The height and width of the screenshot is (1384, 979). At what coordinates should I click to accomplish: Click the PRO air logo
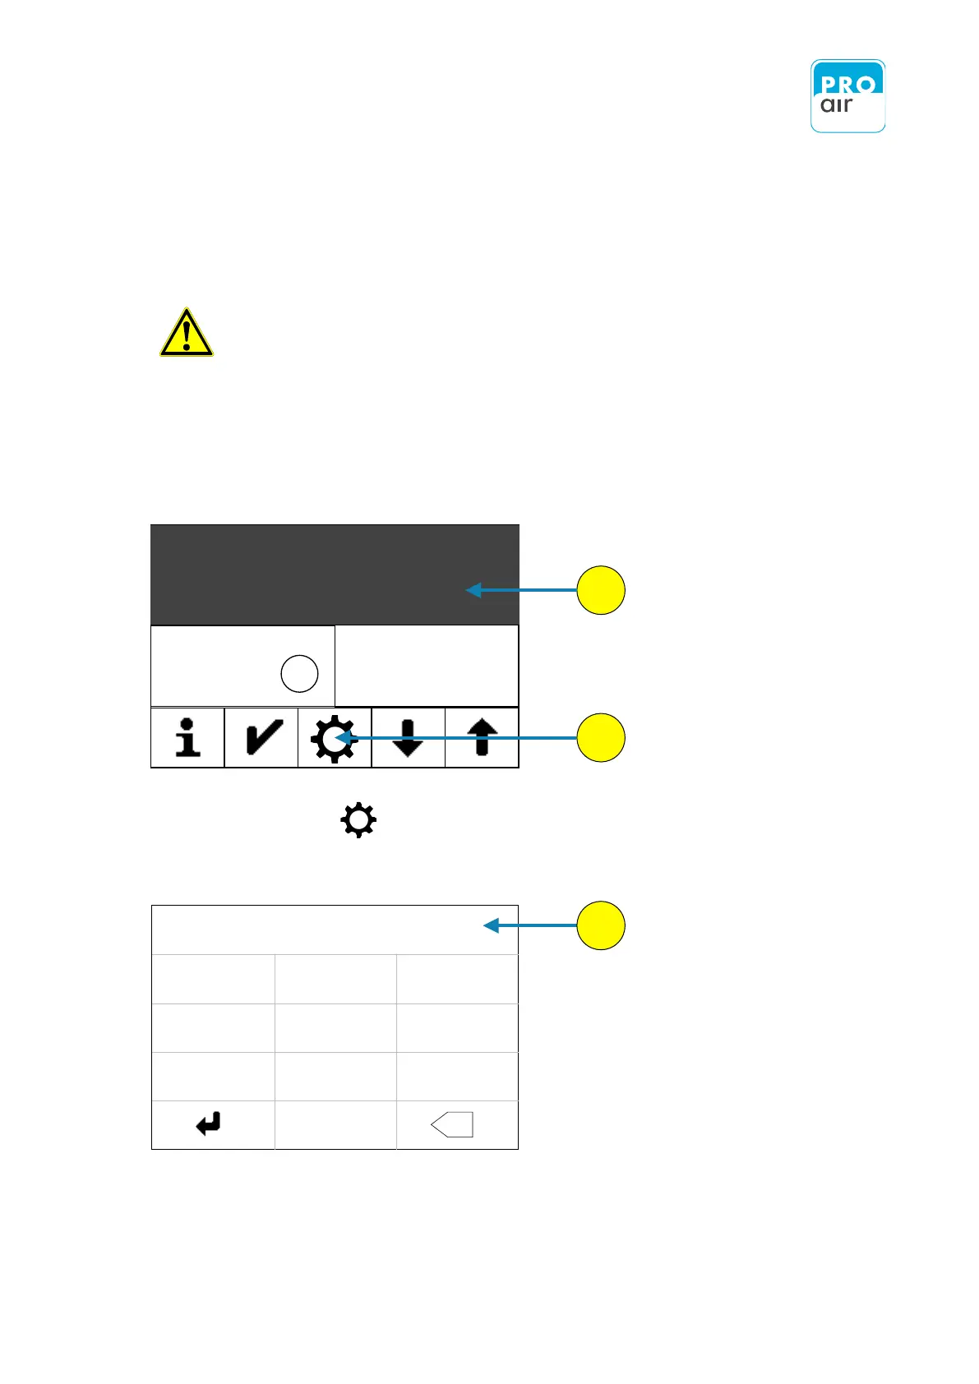click(847, 96)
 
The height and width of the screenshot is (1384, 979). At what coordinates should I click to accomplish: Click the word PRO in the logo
click(847, 83)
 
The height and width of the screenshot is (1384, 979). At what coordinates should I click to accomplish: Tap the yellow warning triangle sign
click(187, 334)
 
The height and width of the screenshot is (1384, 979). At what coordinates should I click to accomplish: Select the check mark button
click(261, 737)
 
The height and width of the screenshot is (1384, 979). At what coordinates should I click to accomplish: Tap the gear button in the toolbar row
click(333, 738)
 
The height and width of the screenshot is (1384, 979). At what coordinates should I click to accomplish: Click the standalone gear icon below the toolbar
click(358, 820)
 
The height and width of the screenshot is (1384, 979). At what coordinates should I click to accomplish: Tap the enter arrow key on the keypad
click(209, 1123)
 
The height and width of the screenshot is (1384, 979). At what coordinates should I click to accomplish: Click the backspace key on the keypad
click(453, 1124)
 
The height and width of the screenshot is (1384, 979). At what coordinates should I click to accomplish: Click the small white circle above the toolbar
click(299, 674)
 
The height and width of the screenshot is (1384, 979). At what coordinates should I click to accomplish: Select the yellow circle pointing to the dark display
click(601, 590)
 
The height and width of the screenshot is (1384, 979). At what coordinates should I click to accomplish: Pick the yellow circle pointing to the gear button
click(601, 737)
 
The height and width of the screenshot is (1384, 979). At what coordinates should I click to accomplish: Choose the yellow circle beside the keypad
click(601, 925)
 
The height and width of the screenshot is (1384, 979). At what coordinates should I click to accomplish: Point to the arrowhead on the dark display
click(473, 590)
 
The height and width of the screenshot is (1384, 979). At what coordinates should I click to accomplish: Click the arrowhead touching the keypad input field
click(491, 925)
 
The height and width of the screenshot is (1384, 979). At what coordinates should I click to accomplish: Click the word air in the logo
click(836, 105)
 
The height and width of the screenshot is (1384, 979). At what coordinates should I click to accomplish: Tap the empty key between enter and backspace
click(335, 1124)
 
